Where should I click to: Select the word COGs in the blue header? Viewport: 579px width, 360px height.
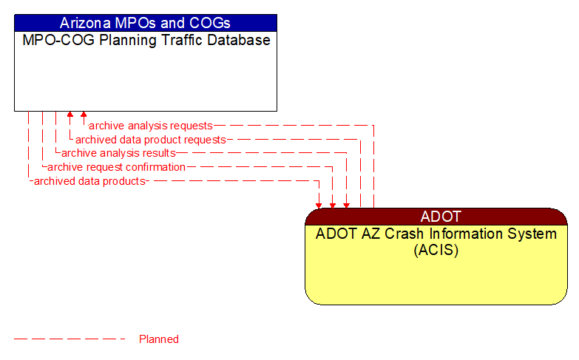coord(210,22)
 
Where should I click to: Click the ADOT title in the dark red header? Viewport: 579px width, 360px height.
coord(441,217)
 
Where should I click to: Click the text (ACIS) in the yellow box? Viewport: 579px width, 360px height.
coord(436,250)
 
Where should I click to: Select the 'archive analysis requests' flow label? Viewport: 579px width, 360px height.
coord(150,126)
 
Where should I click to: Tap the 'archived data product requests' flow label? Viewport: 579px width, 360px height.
coord(150,140)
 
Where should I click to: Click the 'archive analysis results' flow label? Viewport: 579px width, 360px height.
coord(118,153)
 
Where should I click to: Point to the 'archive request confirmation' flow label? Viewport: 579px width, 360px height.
coord(116,167)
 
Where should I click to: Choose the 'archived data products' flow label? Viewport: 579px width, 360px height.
coord(89,181)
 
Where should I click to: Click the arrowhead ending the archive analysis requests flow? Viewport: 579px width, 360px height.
coord(84,115)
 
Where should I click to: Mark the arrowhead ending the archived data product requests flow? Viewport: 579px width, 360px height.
coord(70,115)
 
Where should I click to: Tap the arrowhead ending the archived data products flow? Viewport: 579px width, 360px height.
coord(319,205)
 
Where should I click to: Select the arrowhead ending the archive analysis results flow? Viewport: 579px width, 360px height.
coord(346,205)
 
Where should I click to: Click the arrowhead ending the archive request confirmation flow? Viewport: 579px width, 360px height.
coord(333,205)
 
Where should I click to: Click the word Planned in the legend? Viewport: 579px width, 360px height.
coord(159,339)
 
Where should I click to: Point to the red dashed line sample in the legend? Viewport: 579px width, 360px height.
coord(70,339)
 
